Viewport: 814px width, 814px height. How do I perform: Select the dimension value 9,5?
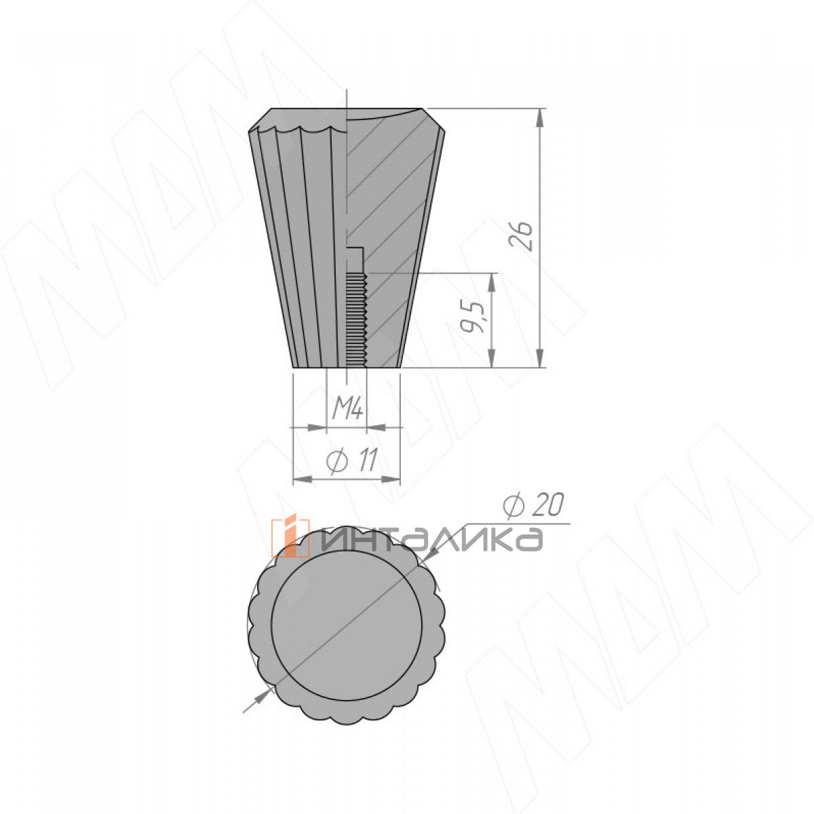[x=472, y=317]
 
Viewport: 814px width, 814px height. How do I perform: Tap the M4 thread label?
[x=347, y=409]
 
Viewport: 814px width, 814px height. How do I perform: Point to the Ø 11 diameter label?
[x=351, y=460]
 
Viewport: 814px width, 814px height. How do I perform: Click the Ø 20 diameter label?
[x=534, y=505]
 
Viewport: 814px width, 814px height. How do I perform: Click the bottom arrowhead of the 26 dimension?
[x=540, y=358]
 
